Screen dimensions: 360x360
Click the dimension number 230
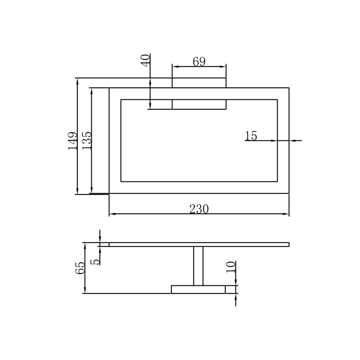pyautogui.click(x=199, y=209)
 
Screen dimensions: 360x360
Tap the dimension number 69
pyautogui.click(x=199, y=61)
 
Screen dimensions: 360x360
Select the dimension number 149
pyautogui.click(x=72, y=141)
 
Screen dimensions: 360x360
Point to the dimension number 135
pyautogui.click(x=87, y=141)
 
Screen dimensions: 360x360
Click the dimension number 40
pyautogui.click(x=145, y=61)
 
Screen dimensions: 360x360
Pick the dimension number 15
pyautogui.click(x=251, y=136)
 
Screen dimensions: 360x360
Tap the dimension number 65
pyautogui.click(x=80, y=268)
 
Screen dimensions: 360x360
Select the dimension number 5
pyautogui.click(x=95, y=262)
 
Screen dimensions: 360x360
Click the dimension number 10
pyautogui.click(x=231, y=267)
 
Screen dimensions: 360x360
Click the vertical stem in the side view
pyautogui.click(x=198, y=266)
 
